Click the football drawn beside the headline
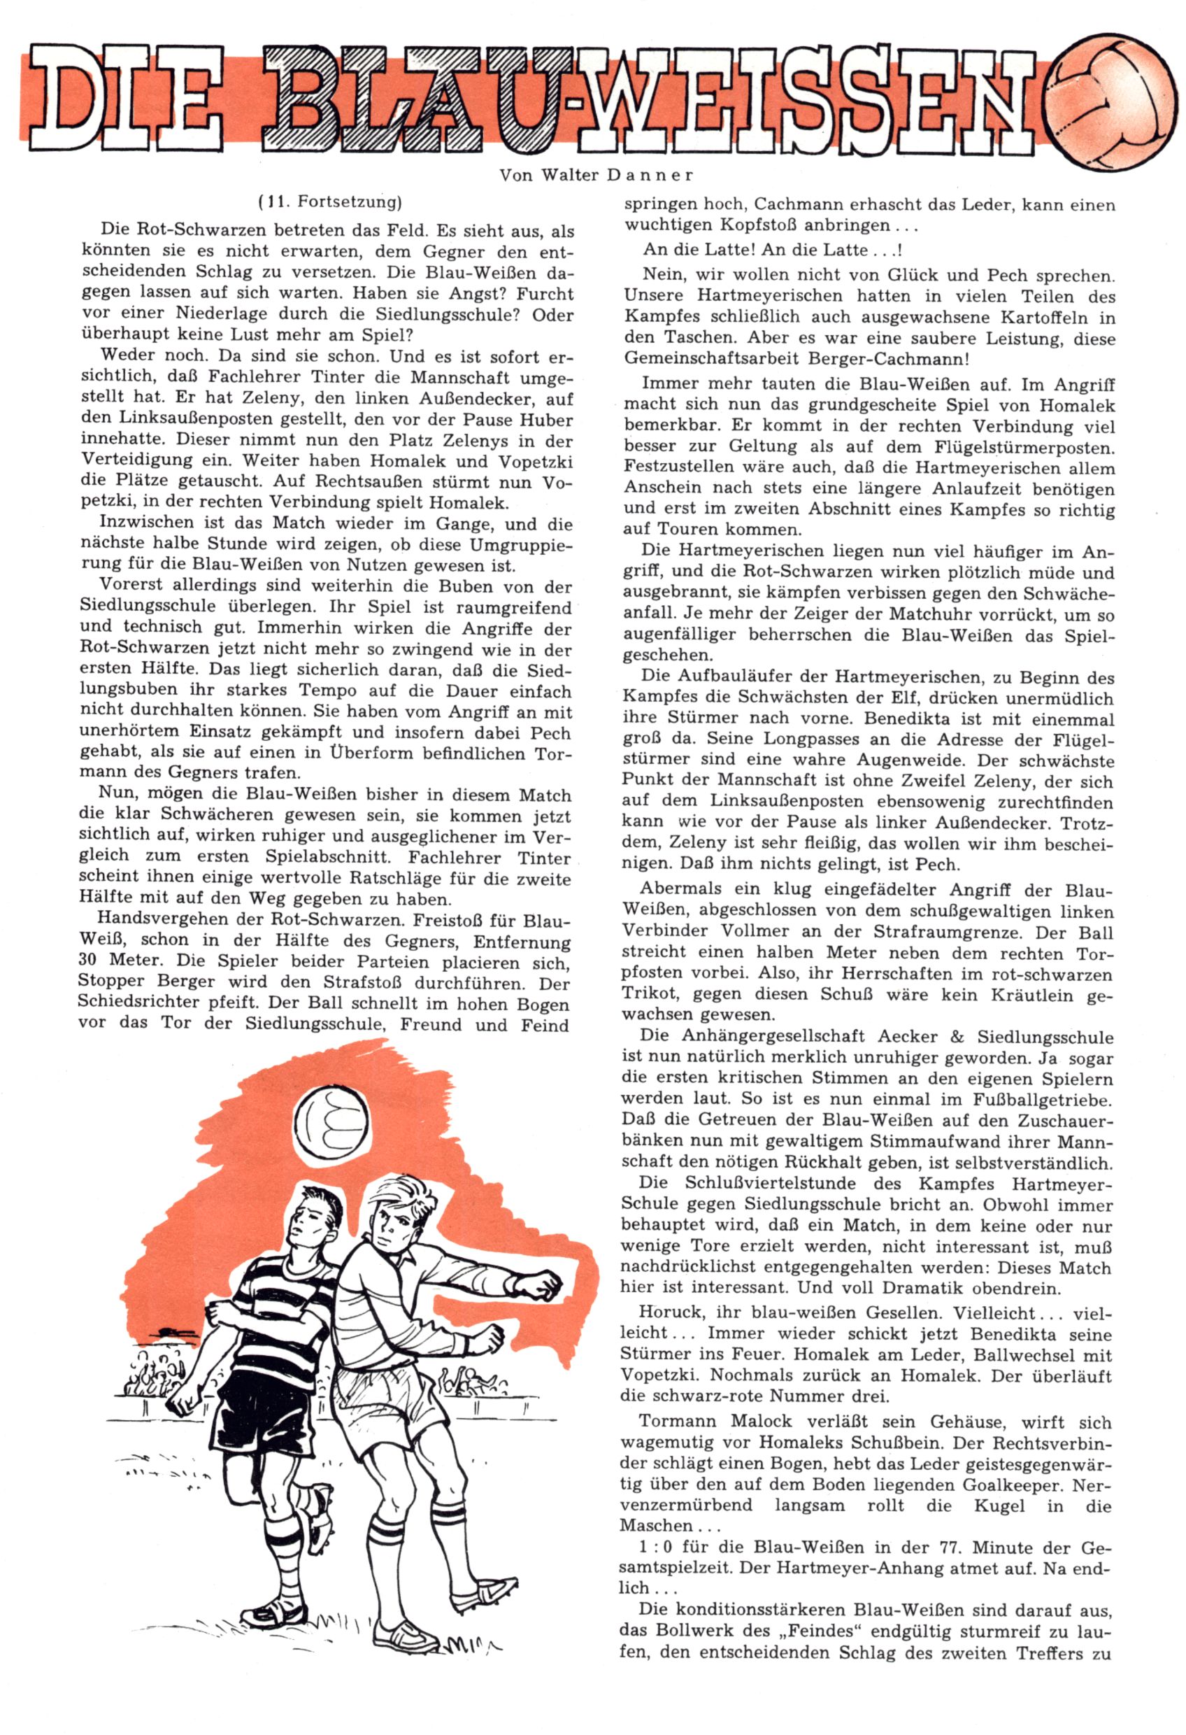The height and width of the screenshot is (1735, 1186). tap(1108, 101)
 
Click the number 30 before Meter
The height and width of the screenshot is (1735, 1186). tap(90, 960)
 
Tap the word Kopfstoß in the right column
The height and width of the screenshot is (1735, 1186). tap(759, 225)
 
